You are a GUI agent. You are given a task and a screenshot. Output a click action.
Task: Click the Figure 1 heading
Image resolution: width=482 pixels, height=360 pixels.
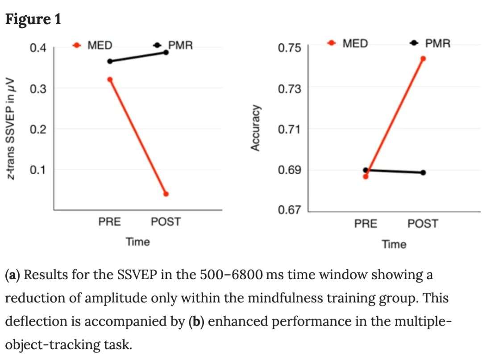pyautogui.click(x=33, y=19)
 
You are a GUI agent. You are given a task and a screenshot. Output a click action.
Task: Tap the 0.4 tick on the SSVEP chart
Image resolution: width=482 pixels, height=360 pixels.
pyautogui.click(x=38, y=47)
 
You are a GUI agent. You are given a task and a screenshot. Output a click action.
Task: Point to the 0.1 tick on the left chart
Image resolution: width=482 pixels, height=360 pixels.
pyautogui.click(x=38, y=170)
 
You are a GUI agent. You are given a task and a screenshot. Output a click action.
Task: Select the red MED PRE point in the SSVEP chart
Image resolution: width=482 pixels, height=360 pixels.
pyautogui.click(x=110, y=80)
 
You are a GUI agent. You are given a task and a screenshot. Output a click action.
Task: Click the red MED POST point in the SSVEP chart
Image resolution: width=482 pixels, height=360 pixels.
pyautogui.click(x=166, y=194)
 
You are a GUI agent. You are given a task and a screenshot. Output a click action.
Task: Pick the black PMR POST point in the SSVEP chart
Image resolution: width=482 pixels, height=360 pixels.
pyautogui.click(x=166, y=52)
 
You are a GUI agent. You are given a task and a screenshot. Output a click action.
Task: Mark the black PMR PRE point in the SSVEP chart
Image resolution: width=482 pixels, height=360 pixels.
pyautogui.click(x=110, y=61)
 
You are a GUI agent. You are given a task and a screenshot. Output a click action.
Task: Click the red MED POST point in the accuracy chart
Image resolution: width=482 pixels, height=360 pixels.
pyautogui.click(x=423, y=59)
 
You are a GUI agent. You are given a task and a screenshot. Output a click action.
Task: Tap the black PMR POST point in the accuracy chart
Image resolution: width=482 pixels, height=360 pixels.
pyautogui.click(x=423, y=172)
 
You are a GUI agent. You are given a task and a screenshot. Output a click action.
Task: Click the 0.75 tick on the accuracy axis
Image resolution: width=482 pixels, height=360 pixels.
pyautogui.click(x=290, y=48)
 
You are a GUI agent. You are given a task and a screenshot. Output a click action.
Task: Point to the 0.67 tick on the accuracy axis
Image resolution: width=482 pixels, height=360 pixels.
pyautogui.click(x=290, y=210)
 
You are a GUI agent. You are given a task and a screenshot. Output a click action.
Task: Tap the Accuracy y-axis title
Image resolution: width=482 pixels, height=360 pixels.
pyautogui.click(x=255, y=128)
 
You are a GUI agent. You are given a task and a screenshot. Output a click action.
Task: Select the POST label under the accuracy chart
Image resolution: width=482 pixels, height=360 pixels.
pyautogui.click(x=423, y=223)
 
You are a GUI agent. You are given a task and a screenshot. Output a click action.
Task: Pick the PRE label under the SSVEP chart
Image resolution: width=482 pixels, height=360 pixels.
pyautogui.click(x=109, y=222)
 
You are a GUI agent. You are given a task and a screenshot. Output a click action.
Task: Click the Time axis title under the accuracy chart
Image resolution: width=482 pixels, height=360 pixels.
pyautogui.click(x=394, y=244)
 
